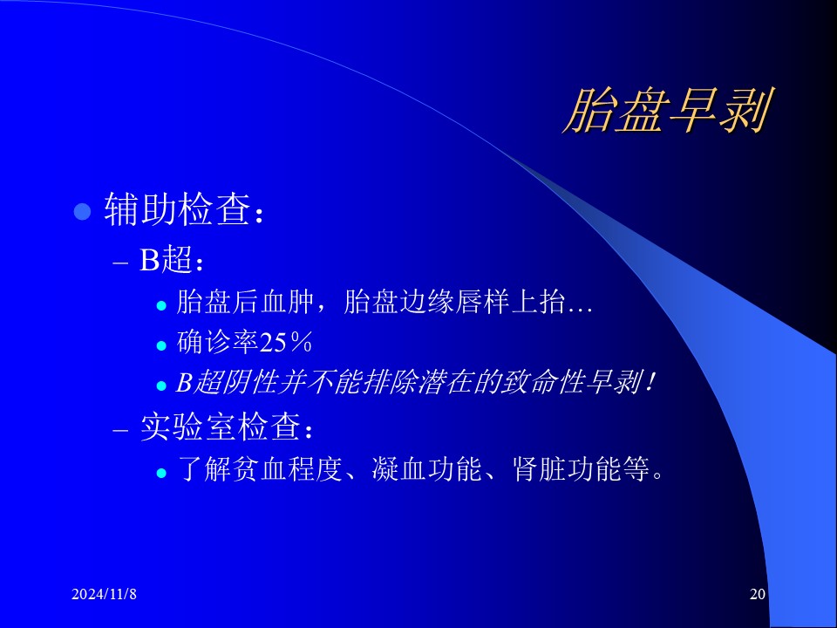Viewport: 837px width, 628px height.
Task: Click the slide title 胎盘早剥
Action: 667,111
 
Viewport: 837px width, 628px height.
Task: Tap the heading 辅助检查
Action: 177,208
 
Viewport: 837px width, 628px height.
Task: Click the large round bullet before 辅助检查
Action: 82,211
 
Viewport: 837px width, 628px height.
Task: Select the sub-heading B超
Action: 166,260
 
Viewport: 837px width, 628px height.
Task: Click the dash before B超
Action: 121,263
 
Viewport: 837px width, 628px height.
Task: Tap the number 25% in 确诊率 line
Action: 286,342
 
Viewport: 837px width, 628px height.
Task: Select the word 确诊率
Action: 218,342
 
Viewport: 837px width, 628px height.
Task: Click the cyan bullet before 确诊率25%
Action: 162,345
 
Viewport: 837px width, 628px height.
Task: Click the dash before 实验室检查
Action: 121,430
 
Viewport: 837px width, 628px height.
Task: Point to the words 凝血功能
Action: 427,469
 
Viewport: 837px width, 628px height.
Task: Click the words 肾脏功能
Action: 567,469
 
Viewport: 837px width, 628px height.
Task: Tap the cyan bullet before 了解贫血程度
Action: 162,473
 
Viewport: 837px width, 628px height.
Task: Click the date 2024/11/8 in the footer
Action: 104,594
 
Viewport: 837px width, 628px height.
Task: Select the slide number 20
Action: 758,594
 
